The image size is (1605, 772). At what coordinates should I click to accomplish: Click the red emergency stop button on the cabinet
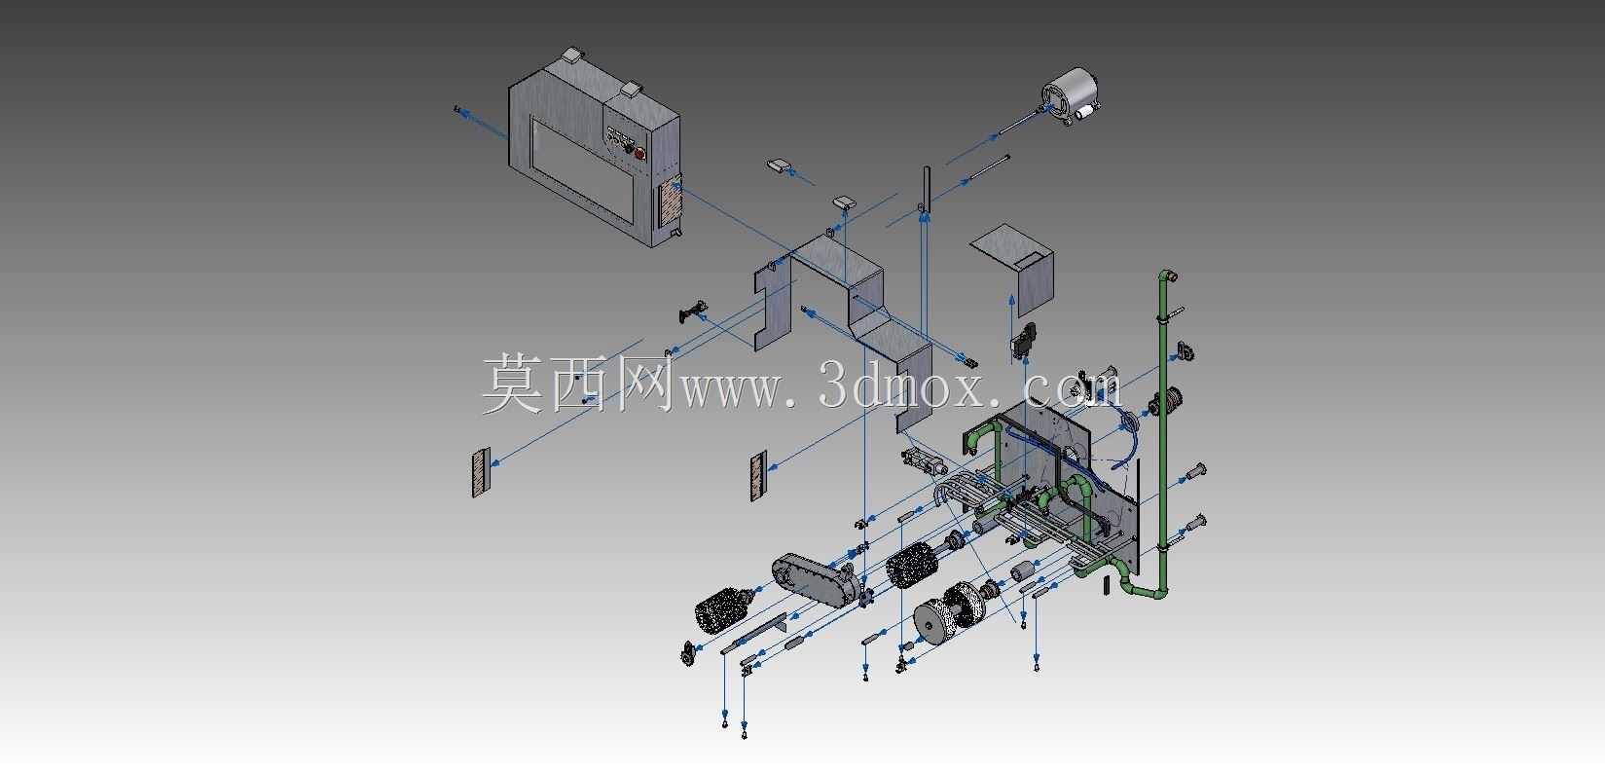tap(639, 153)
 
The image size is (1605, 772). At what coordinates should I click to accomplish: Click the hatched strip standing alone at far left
tap(480, 472)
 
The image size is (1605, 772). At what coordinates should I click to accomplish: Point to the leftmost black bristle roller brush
tap(723, 611)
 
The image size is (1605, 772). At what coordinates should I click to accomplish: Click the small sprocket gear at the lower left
tap(689, 654)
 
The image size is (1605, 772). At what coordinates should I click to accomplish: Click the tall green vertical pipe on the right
tap(1162, 430)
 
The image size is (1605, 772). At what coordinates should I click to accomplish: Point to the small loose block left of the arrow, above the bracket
tap(779, 166)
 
